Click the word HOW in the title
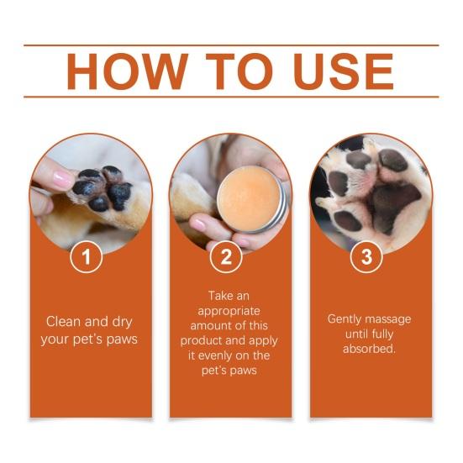pyautogui.click(x=128, y=71)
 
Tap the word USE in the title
pyautogui.click(x=344, y=71)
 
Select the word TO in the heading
pyautogui.click(x=239, y=71)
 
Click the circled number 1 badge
pyautogui.click(x=87, y=256)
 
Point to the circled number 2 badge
pyautogui.click(x=226, y=256)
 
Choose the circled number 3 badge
pyautogui.click(x=366, y=256)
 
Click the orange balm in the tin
pyautogui.click(x=248, y=198)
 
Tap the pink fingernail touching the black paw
pyautogui.click(x=62, y=180)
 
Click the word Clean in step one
pyautogui.click(x=64, y=322)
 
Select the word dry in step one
pyautogui.click(x=122, y=323)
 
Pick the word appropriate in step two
pyautogui.click(x=229, y=312)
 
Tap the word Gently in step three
pyautogui.click(x=344, y=320)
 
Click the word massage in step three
pyautogui.click(x=388, y=320)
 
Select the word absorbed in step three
pyautogui.click(x=369, y=349)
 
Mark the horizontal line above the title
pyautogui.click(x=231, y=45)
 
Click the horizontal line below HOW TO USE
pyautogui.click(x=231, y=97)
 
